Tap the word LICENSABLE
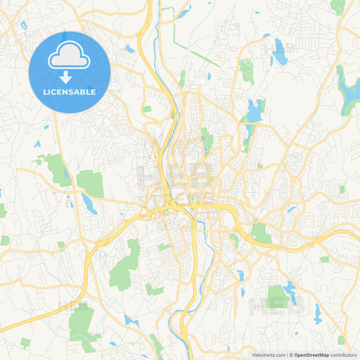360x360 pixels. tap(70, 92)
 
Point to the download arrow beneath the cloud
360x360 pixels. tap(66, 76)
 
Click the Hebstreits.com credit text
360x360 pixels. tap(267, 355)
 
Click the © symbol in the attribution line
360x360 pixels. tap(290, 355)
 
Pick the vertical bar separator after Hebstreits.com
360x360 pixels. tap(286, 355)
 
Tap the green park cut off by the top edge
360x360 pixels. tap(338, 7)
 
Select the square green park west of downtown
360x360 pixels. tap(89, 182)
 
